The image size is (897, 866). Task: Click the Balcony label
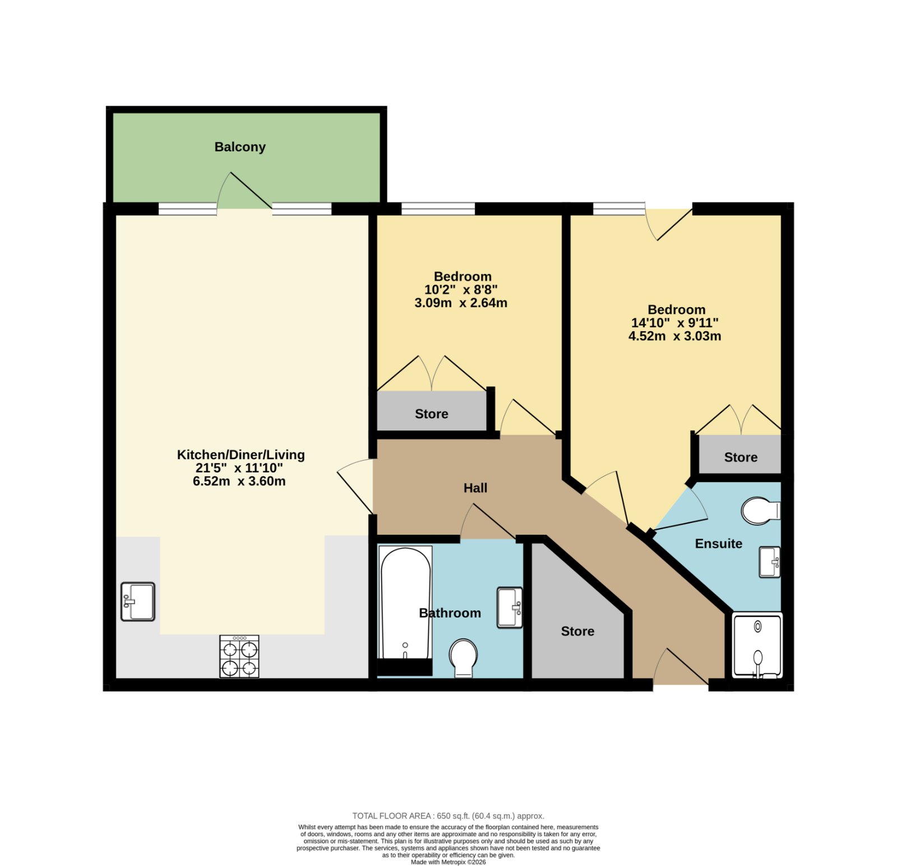pos(240,147)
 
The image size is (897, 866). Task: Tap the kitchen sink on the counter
pos(138,601)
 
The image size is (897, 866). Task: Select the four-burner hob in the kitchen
pos(239,656)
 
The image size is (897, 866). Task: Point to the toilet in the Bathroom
pos(463,658)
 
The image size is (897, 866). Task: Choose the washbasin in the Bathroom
pos(510,608)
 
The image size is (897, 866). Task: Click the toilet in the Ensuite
pos(761,511)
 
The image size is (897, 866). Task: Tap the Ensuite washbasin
pos(770,562)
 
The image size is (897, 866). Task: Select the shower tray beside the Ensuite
pos(757,646)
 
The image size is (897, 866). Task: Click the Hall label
pos(475,488)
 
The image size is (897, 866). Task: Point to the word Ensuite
pos(719,544)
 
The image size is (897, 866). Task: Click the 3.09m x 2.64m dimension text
pos(461,303)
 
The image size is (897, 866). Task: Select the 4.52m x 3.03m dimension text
pos(675,336)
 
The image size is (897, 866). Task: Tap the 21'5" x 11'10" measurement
pos(239,468)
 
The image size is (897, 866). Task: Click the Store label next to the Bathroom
pos(577,632)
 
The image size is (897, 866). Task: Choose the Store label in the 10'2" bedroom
pos(432,414)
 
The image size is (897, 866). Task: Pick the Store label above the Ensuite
pos(741,457)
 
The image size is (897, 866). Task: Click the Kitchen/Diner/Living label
pos(241,455)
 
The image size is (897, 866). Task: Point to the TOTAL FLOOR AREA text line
pos(449,816)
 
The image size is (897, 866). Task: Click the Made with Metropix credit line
pos(449,862)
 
